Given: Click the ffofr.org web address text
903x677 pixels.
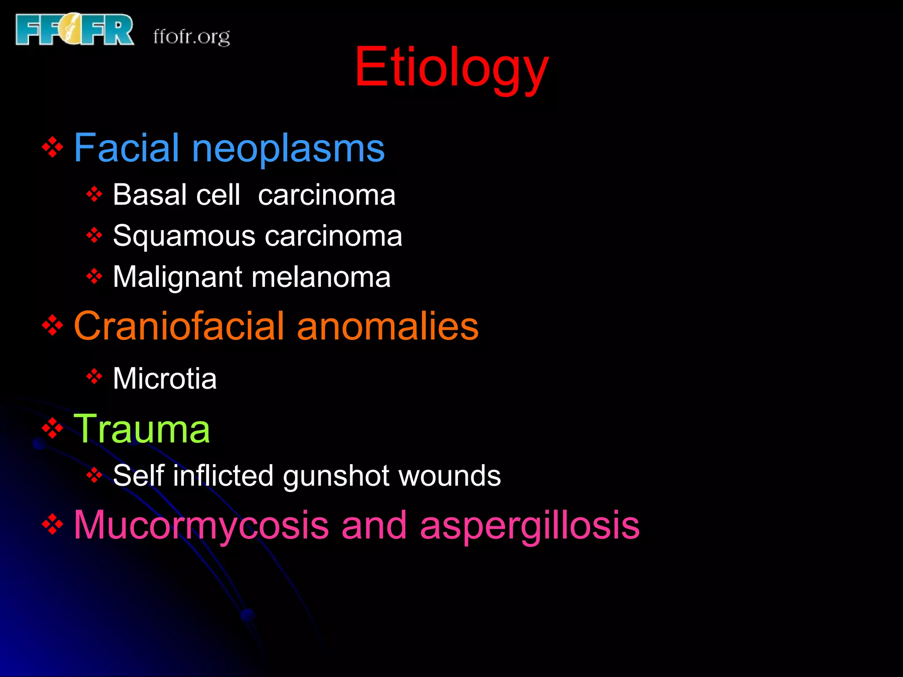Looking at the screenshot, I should click(x=191, y=37).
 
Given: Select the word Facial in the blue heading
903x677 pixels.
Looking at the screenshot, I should click(x=126, y=148).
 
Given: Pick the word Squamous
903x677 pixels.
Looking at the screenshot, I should click(x=184, y=236).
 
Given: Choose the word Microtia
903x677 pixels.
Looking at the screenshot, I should click(x=164, y=379).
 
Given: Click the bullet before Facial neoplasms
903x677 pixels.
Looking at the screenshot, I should click(x=52, y=147).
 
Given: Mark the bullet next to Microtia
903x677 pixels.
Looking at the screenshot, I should click(x=94, y=376).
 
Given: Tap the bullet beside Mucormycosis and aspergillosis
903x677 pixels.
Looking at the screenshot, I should click(x=52, y=524).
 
